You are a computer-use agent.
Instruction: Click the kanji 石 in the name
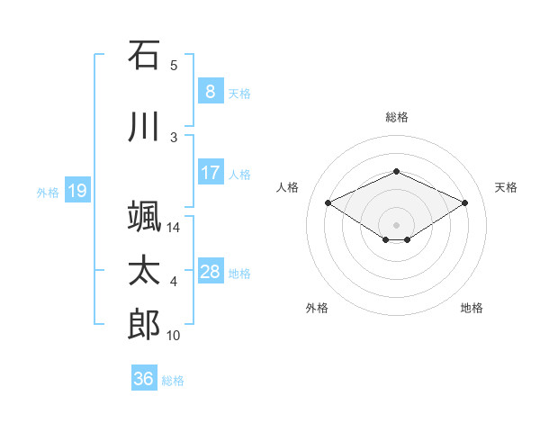click(x=144, y=55)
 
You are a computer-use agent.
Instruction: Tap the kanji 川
click(x=144, y=126)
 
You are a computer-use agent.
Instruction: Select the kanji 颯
click(x=144, y=216)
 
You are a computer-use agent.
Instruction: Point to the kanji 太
click(x=144, y=270)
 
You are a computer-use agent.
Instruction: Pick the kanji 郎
click(x=144, y=324)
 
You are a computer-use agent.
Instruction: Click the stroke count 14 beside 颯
click(x=173, y=228)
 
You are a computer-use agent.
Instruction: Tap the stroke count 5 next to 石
click(x=174, y=66)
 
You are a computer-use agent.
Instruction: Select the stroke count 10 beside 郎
click(x=173, y=336)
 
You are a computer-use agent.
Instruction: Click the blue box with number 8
click(x=211, y=91)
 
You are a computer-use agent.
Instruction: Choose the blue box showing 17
click(x=211, y=172)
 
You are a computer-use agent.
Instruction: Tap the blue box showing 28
click(x=211, y=270)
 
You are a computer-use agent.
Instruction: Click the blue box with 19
click(x=77, y=190)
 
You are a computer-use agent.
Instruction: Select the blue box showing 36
click(x=144, y=377)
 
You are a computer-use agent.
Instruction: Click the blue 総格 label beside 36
click(x=173, y=381)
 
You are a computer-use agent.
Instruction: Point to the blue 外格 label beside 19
click(x=48, y=193)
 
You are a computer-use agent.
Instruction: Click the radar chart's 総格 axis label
click(x=397, y=117)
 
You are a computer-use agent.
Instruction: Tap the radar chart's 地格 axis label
click(x=472, y=308)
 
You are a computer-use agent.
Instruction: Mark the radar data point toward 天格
click(x=464, y=202)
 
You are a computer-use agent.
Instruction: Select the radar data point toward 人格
click(x=328, y=202)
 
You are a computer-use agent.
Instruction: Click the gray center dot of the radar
click(x=396, y=225)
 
